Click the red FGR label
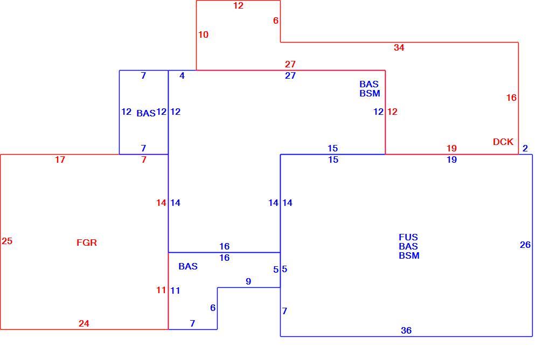[86, 243]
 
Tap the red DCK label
[503, 142]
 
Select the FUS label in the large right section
[408, 237]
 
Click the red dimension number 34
[399, 47]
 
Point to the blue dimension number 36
[406, 330]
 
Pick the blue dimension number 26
[525, 245]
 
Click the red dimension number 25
[7, 241]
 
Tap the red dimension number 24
[83, 323]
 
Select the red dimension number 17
[60, 160]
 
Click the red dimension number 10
[203, 34]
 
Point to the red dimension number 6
[275, 20]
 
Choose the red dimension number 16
[511, 98]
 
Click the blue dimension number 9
[248, 281]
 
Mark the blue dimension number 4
[182, 75]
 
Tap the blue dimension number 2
[525, 148]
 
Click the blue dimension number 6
[213, 308]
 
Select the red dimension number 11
[161, 290]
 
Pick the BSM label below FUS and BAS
[409, 255]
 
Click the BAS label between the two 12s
[146, 113]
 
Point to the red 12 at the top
[239, 5]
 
